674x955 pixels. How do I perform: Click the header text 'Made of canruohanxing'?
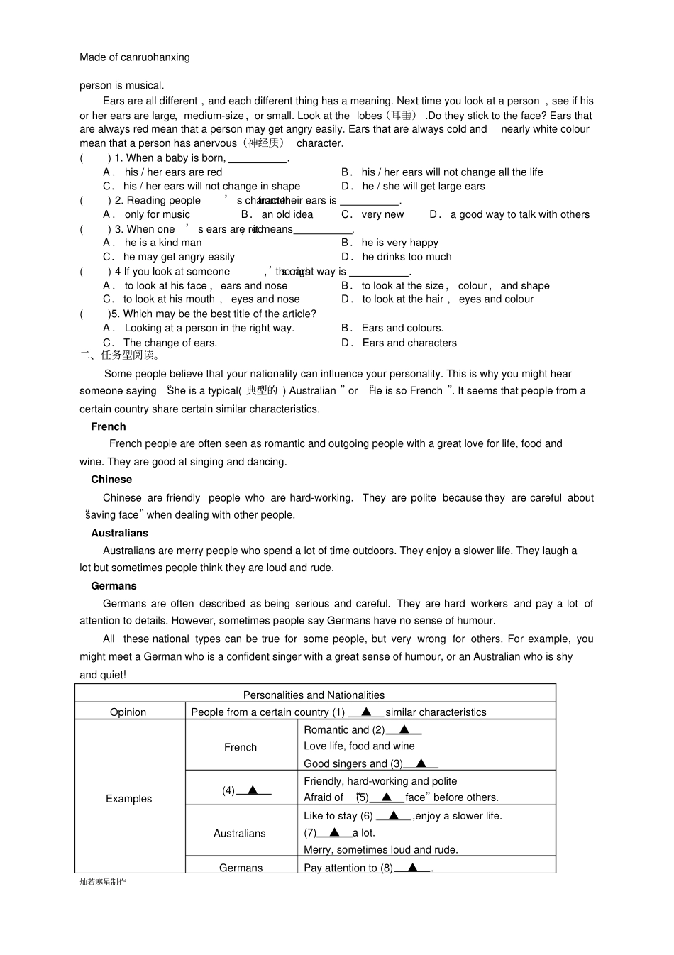135,57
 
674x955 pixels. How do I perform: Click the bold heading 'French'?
109,426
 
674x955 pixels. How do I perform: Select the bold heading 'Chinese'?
111,480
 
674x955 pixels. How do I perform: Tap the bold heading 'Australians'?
120,533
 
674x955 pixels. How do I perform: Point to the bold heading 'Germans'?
114,586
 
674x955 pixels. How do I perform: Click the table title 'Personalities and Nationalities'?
314,695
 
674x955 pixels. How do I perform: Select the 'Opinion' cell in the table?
128,712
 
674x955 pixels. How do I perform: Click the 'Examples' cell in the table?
129,799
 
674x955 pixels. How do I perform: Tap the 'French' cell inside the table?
241,747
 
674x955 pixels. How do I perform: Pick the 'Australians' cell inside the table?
240,834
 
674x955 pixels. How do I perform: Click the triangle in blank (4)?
253,790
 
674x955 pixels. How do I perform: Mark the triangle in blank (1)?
367,712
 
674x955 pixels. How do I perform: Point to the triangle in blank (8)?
413,868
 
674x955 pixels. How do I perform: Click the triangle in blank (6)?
394,816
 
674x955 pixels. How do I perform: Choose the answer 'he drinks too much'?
407,257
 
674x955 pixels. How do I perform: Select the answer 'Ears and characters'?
409,343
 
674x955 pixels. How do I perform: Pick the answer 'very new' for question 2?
382,214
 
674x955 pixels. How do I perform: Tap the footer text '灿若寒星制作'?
103,882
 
